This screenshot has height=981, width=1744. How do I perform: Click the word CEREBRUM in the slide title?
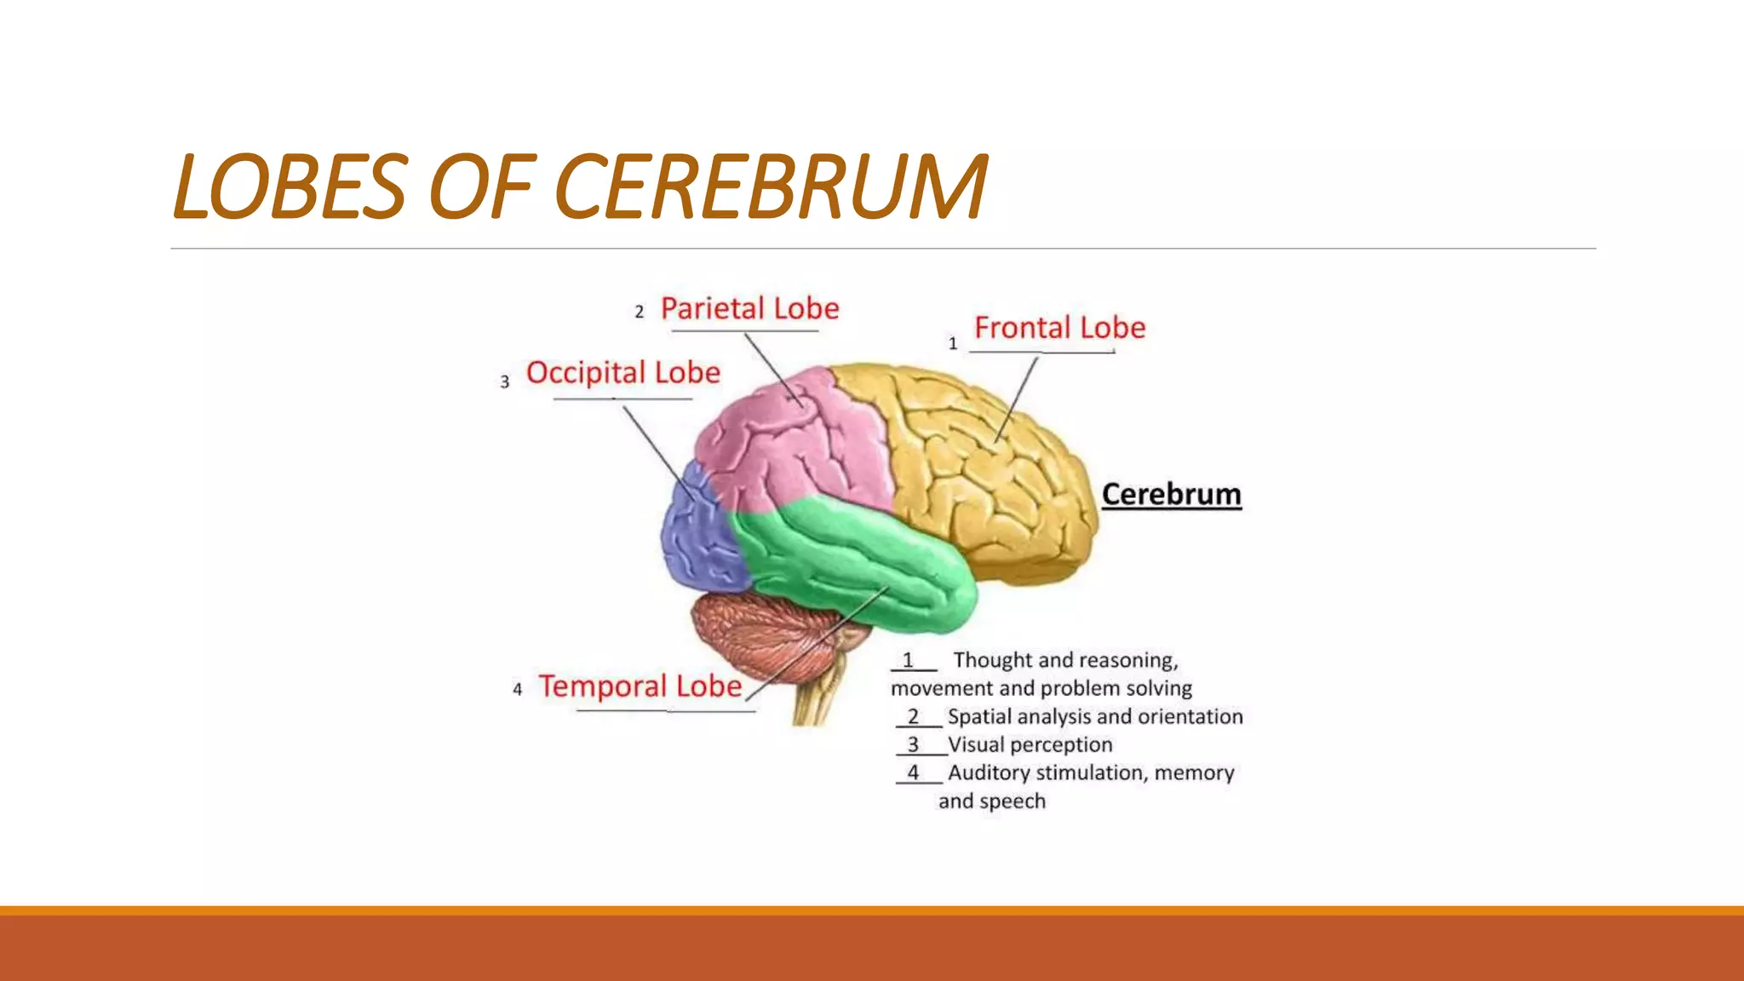point(771,186)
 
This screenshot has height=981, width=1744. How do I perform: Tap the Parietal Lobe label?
point(749,308)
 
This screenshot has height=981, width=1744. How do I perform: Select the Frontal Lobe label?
point(1059,328)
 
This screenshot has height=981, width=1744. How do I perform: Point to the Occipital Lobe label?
point(622,373)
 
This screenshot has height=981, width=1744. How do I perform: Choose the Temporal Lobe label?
point(640,686)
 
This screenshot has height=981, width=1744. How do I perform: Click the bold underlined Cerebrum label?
point(1171,495)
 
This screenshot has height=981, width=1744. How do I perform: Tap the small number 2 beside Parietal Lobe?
point(639,313)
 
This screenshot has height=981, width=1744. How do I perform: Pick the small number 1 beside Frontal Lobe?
point(953,343)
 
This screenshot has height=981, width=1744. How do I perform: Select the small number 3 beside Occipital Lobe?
point(505,382)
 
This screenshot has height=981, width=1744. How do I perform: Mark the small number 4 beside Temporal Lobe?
point(517,690)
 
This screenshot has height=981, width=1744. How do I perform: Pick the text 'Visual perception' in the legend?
point(1030,745)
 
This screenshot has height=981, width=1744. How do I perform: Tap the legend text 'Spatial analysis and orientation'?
point(1094,717)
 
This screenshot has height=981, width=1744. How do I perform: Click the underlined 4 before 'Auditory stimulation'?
point(913,772)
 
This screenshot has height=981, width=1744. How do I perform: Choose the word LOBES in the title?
point(290,186)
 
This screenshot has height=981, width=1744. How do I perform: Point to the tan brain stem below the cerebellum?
point(813,698)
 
